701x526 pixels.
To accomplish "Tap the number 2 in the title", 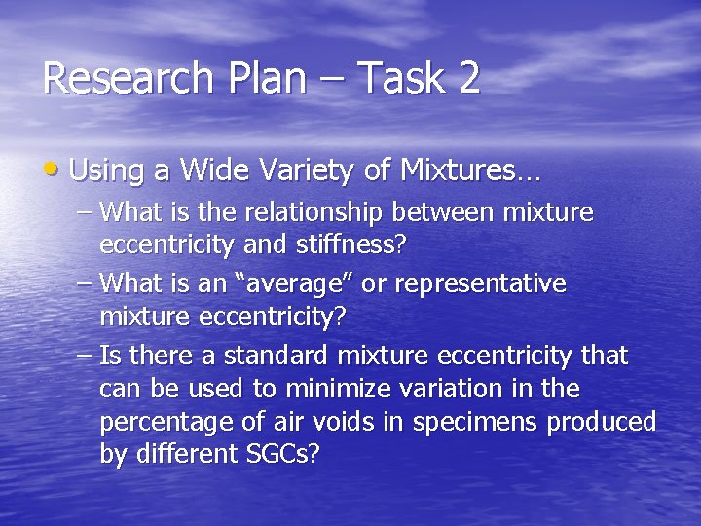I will tap(467, 78).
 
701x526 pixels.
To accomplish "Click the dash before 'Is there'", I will tap(85, 356).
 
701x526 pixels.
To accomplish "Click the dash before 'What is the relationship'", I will tap(85, 211).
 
